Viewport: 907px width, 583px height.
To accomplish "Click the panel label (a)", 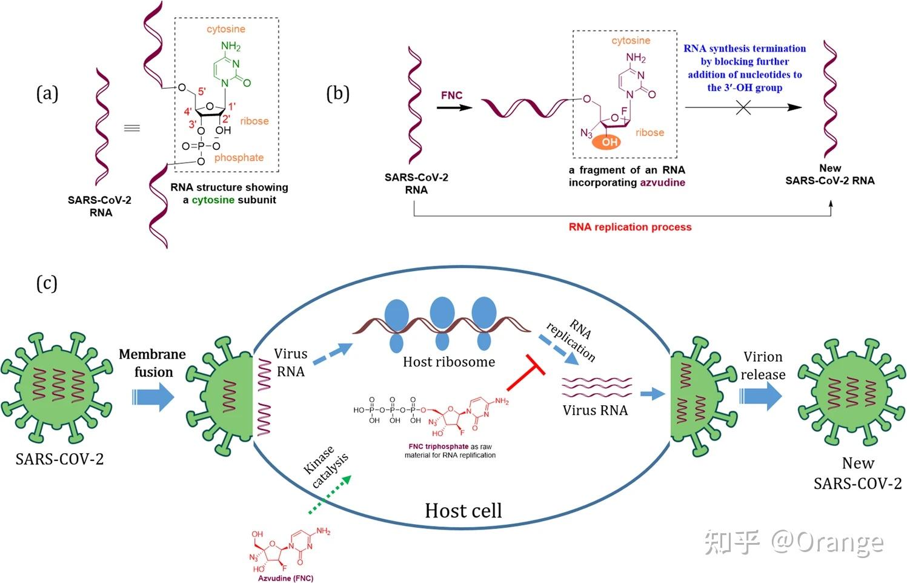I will (47, 94).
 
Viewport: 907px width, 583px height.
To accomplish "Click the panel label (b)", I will (337, 94).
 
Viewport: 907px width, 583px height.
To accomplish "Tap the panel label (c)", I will (47, 283).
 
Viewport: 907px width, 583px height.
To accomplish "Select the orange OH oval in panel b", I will (609, 142).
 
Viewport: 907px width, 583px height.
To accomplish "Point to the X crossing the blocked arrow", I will (743, 108).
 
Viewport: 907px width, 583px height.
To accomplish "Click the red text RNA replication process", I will (630, 227).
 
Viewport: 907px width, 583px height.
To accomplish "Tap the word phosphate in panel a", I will (239, 158).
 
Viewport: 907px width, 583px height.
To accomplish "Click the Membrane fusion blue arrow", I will (153, 397).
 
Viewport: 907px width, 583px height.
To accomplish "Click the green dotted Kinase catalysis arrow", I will (330, 494).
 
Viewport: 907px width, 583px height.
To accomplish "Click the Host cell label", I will (463, 511).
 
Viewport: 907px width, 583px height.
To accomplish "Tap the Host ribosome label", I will (448, 362).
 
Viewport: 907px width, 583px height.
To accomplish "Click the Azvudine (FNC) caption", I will (285, 578).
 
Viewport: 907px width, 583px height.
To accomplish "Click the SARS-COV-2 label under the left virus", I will (59, 459).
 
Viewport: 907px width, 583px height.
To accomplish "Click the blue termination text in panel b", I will (745, 68).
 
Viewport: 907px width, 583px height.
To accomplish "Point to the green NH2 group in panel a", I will (230, 47).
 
